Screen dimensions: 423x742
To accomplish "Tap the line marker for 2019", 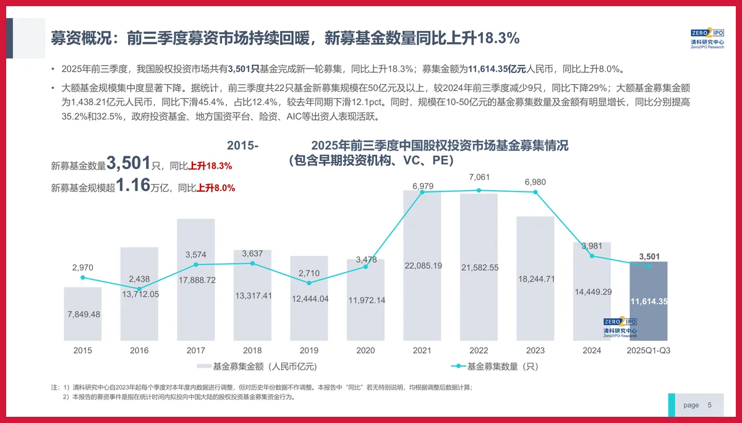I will coord(309,283).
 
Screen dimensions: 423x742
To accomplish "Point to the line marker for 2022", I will coord(479,190).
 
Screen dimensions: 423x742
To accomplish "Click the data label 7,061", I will coord(479,177).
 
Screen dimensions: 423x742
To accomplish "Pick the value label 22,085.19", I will coord(422,266).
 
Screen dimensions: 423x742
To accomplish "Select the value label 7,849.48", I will coord(83,314).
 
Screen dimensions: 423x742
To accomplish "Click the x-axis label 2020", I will coord(365,351).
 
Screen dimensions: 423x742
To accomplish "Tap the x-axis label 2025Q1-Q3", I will coord(649,351).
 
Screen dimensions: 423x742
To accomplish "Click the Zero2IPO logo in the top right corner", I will coord(706,38).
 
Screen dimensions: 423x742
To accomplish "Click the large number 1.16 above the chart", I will coord(132,186).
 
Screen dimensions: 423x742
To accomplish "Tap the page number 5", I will coord(709,405).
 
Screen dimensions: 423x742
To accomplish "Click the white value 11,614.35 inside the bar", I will coord(649,301).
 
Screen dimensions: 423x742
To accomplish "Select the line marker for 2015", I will coord(83,277).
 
